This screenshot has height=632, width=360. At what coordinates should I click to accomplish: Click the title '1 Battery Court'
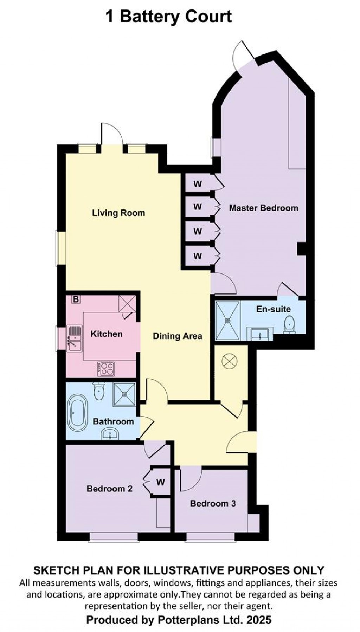coord(169,17)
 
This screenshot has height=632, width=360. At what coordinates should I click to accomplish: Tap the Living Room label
coord(118,213)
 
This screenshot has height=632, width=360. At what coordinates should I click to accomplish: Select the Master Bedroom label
coord(263,208)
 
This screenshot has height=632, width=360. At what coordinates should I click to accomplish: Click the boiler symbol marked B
coord(76,299)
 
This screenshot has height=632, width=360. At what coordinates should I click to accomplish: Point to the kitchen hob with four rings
coord(107,368)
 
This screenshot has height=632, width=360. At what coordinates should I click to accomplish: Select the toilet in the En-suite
coord(289,324)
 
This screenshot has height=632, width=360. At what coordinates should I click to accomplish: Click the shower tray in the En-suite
coord(228,320)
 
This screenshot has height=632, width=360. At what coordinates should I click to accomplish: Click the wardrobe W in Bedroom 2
coord(160,482)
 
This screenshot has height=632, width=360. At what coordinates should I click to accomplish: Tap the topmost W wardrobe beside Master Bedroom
coord(198,184)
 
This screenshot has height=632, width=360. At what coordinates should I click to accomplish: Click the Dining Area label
coord(177,336)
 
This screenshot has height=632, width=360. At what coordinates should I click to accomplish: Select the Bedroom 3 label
coord(213,503)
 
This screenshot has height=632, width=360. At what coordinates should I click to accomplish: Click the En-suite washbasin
coord(260,334)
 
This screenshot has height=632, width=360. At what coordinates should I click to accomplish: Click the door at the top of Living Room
coord(112,135)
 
